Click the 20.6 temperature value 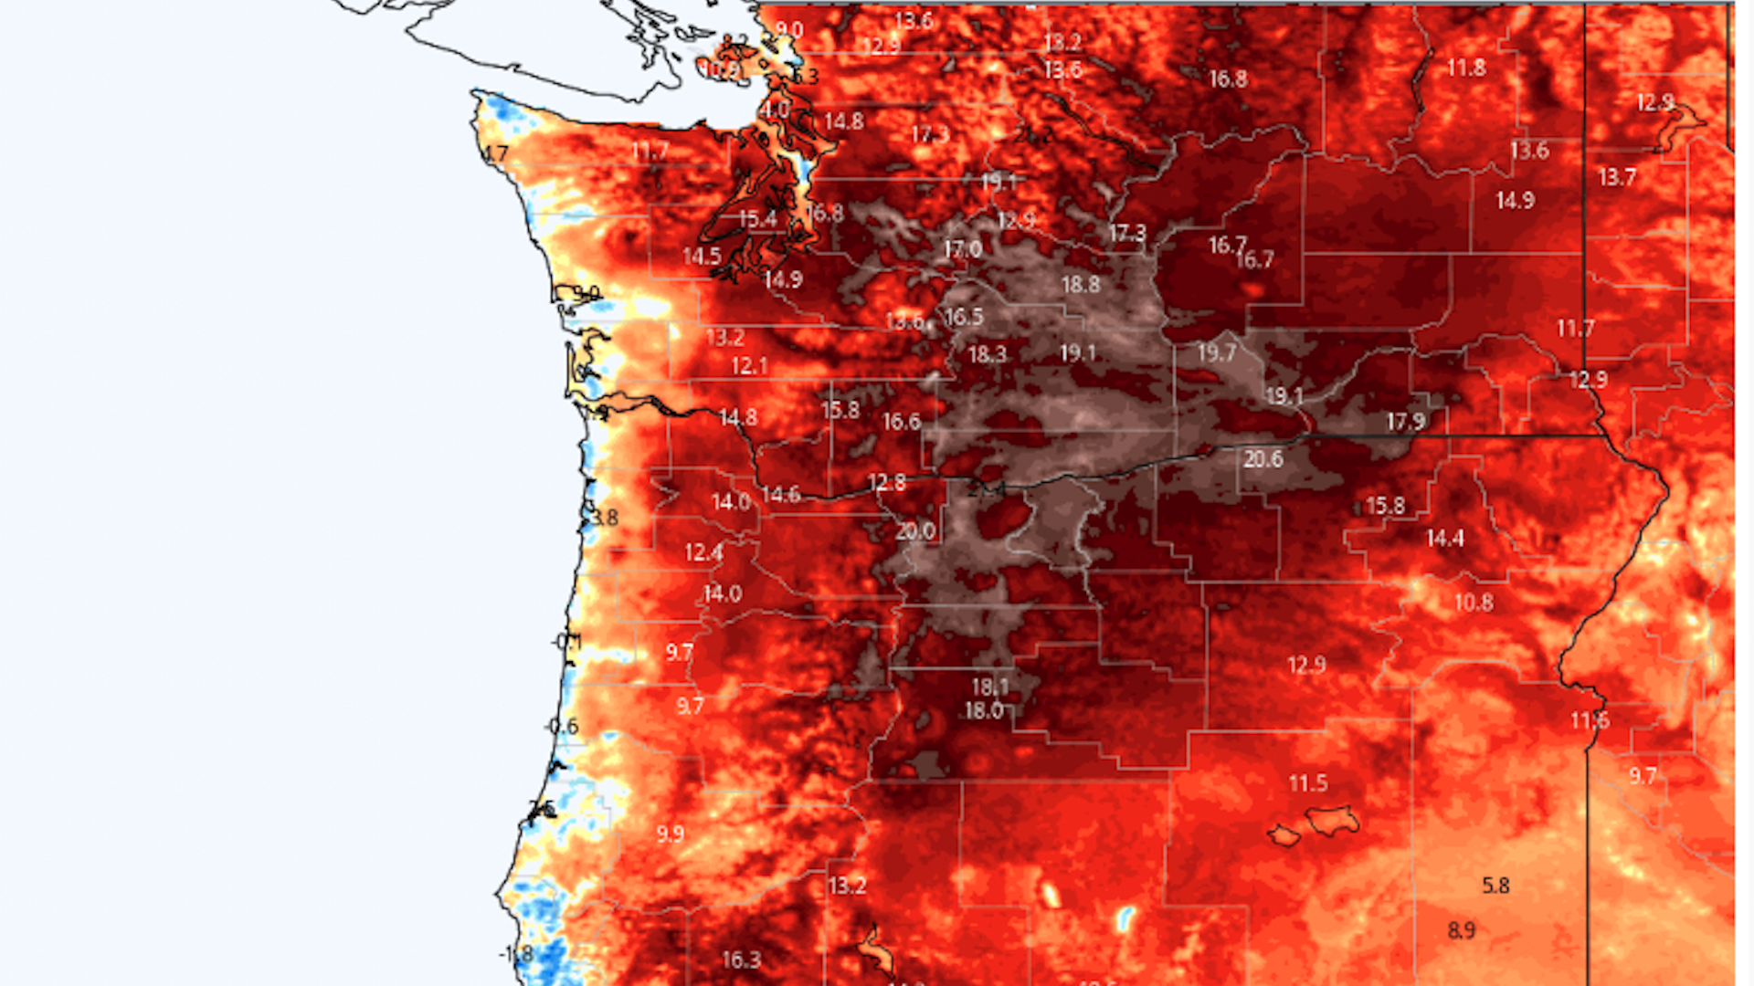click(1263, 459)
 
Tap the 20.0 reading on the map click(915, 531)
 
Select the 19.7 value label click(1216, 353)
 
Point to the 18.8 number click(1081, 285)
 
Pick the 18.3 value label click(987, 354)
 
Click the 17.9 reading click(1405, 422)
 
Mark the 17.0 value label click(963, 249)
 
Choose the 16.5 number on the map click(964, 317)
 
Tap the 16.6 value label click(901, 422)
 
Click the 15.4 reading click(757, 219)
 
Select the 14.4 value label click(1445, 539)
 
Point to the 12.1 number click(749, 366)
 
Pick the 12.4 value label click(703, 552)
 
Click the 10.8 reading click(1474, 603)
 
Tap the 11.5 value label click(1308, 783)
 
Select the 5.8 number click(1495, 886)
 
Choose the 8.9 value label click(1462, 930)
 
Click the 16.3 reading click(741, 960)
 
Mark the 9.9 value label click(670, 834)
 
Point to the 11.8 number click(1466, 68)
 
